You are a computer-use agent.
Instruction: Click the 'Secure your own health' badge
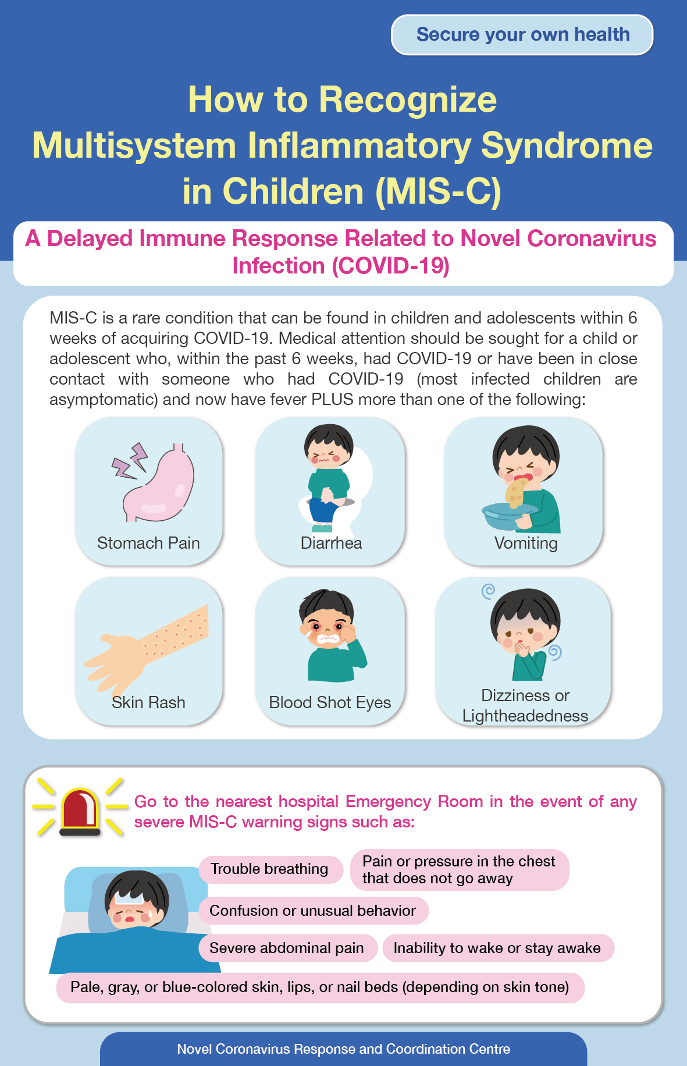click(522, 35)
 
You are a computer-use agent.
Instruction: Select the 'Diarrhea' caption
click(331, 543)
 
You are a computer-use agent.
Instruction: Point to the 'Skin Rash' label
click(148, 702)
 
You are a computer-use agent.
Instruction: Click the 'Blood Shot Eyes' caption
click(330, 702)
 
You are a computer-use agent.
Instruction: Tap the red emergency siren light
click(80, 811)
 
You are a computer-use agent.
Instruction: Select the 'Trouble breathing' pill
click(270, 869)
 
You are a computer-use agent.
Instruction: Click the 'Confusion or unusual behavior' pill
click(314, 911)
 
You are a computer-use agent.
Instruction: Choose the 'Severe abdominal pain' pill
click(287, 948)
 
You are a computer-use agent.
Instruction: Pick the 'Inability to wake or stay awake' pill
click(498, 948)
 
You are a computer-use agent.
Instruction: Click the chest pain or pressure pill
click(459, 870)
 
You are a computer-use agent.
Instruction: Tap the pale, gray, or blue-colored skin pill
click(320, 987)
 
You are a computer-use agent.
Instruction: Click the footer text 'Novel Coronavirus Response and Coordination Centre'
click(343, 1049)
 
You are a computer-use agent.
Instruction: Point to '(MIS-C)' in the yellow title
click(438, 191)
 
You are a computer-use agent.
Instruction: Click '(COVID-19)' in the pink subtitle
click(390, 266)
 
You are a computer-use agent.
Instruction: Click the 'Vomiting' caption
click(526, 543)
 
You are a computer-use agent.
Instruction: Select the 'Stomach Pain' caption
click(148, 543)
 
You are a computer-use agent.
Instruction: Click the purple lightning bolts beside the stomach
click(130, 460)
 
